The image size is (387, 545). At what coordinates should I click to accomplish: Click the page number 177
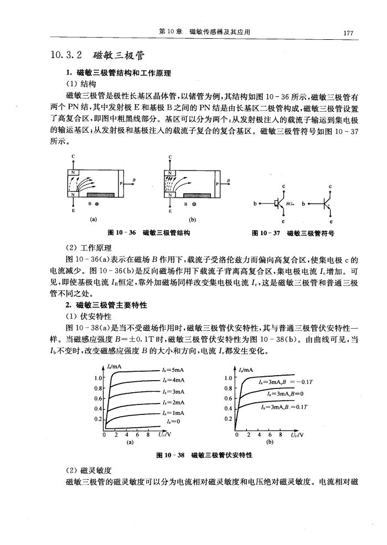click(348, 33)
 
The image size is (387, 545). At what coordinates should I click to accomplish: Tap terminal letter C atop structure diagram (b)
click(170, 156)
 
